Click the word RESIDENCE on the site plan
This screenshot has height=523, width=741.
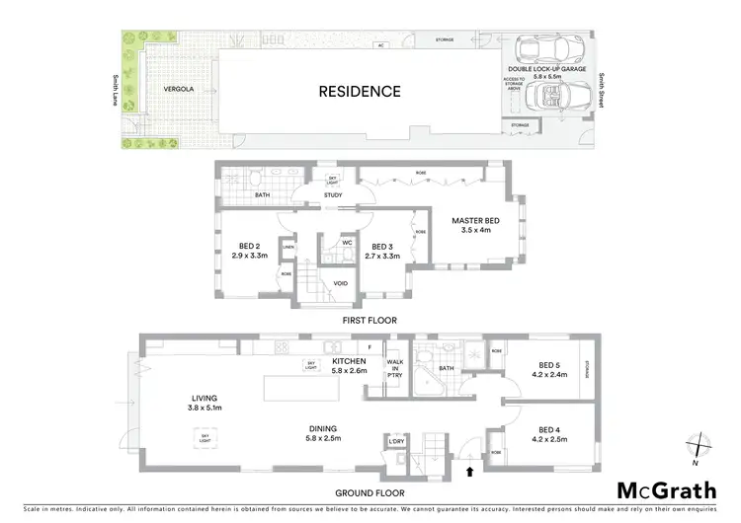[x=359, y=92]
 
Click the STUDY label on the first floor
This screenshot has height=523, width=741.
[x=332, y=207]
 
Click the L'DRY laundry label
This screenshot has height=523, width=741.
[x=398, y=441]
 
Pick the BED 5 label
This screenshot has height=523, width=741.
[x=550, y=370]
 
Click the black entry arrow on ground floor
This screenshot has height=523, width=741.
[x=468, y=472]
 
